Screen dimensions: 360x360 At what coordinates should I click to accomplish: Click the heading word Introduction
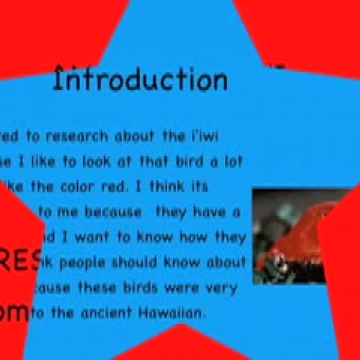click(140, 78)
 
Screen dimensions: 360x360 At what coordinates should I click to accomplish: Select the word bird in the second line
click(189, 161)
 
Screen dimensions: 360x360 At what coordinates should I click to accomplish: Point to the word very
click(224, 287)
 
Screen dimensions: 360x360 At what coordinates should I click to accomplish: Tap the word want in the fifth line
click(91, 237)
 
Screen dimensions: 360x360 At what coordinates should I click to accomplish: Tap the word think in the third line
click(176, 186)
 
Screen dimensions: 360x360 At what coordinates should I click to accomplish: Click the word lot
click(233, 161)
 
